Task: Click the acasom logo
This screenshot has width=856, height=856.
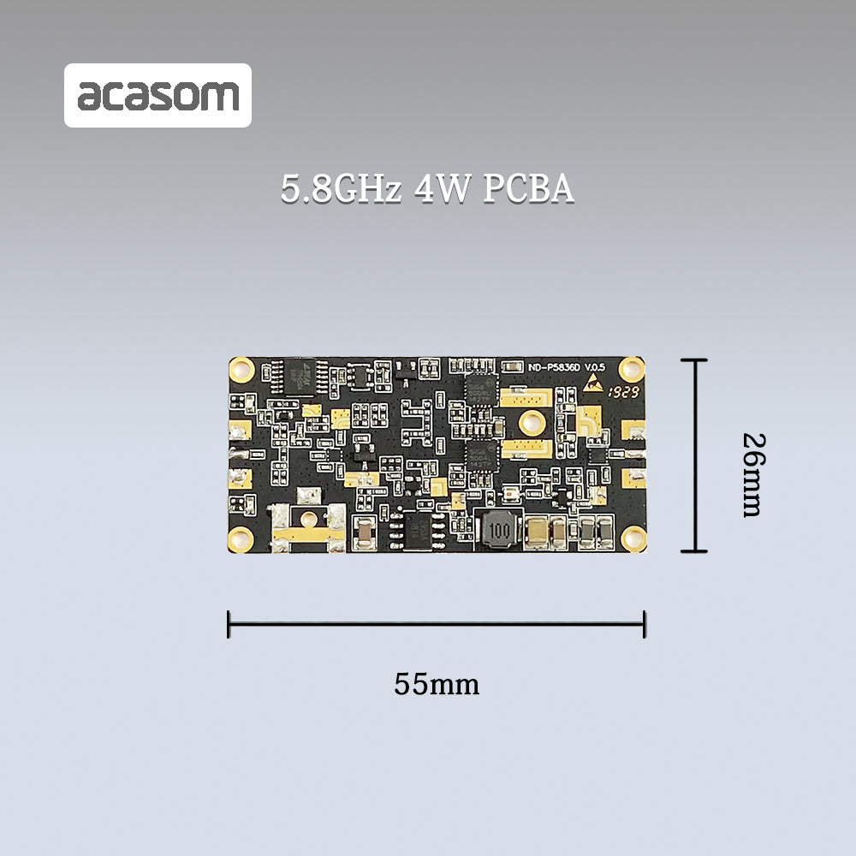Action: [x=158, y=96]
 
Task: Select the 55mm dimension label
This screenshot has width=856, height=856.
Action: [x=437, y=684]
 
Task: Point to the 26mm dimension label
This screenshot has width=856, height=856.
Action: [x=753, y=474]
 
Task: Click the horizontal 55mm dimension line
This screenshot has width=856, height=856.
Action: [x=437, y=624]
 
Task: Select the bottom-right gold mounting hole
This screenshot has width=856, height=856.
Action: [x=633, y=538]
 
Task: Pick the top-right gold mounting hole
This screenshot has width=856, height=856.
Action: [x=632, y=369]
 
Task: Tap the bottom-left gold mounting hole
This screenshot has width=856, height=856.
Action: [x=241, y=538]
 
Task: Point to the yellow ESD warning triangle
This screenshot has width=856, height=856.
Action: [x=592, y=385]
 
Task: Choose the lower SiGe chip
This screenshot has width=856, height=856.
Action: [x=480, y=456]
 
